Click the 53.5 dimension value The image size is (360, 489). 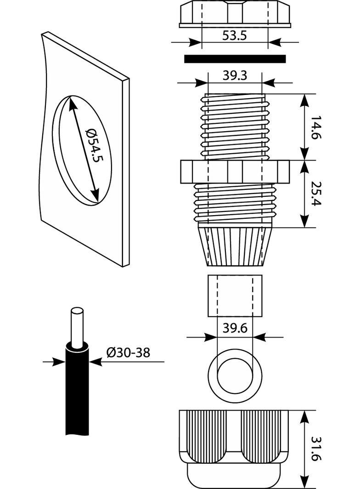click(235, 36)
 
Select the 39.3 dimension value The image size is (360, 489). click(235, 76)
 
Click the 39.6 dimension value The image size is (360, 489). click(235, 328)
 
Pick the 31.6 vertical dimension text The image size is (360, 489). click(316, 449)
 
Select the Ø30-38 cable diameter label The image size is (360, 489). click(128, 352)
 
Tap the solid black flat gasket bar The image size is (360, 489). click(235, 59)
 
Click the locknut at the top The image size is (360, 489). click(235, 14)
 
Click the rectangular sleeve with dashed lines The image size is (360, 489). click(235, 295)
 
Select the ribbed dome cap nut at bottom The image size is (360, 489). click(235, 447)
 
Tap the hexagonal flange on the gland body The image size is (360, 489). click(235, 171)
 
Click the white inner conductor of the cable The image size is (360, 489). click(77, 326)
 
